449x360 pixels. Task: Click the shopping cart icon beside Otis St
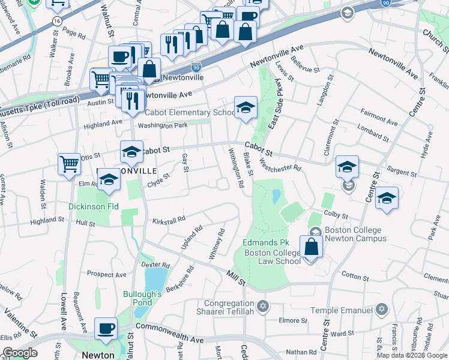[x=70, y=163]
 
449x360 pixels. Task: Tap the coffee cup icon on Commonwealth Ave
[x=106, y=328]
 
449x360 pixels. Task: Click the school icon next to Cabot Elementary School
[x=246, y=107]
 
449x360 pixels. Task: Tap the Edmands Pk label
[x=266, y=242]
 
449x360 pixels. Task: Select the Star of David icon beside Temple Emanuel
[x=380, y=310]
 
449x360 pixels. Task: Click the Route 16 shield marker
[x=56, y=20]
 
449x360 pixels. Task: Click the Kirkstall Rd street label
[x=168, y=220]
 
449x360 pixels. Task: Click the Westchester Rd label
[x=280, y=164]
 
